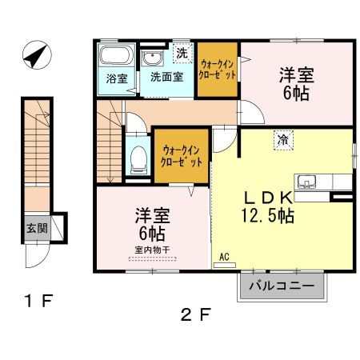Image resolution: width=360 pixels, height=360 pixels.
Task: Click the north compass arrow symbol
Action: coord(34,58)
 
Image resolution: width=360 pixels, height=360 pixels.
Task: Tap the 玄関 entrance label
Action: coord(35,226)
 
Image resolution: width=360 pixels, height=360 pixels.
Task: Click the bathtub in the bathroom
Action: coord(115,58)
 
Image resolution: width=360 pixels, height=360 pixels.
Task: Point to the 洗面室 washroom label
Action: coord(166,78)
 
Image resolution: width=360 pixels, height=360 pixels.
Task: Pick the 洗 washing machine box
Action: coord(182,54)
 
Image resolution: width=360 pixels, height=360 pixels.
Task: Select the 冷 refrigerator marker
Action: coord(283,138)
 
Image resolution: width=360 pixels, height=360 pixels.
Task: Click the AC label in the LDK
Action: coord(224,257)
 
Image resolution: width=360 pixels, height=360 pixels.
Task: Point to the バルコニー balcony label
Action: coord(282,286)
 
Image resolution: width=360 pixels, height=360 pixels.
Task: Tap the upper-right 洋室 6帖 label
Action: coord(296,84)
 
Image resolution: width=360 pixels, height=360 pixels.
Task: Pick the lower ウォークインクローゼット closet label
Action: coord(182,155)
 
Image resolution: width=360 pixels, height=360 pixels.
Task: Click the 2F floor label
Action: coord(196,314)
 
